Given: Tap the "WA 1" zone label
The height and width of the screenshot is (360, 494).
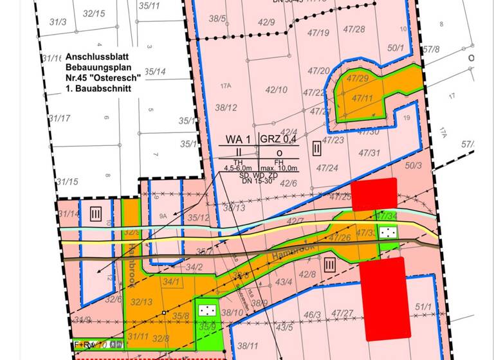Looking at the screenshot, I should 237,139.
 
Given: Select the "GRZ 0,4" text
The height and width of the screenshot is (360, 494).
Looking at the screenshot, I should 278,139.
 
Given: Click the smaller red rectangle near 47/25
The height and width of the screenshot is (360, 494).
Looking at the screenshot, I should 374,194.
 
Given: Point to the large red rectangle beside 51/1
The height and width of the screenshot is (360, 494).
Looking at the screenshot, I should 385,298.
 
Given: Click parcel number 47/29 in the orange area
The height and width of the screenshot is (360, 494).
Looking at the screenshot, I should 358,78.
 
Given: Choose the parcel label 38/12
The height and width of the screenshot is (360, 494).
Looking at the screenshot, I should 226,107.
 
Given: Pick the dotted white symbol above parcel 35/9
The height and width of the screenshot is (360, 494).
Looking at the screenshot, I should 207,310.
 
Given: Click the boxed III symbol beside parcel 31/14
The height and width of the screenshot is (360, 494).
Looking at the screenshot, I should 95,212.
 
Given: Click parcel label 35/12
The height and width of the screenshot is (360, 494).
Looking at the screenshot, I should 199,218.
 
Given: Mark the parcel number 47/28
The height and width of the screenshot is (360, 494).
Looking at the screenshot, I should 354,29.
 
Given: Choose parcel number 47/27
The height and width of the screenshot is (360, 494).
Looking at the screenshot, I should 343,313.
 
